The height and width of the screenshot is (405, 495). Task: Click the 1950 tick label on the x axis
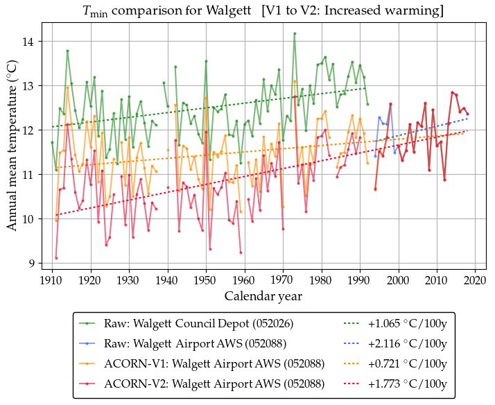click(205, 280)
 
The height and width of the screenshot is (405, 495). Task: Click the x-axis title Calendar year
click(263, 296)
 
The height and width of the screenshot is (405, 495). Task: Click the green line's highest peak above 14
click(295, 33)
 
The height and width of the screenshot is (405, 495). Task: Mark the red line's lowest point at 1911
click(56, 258)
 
